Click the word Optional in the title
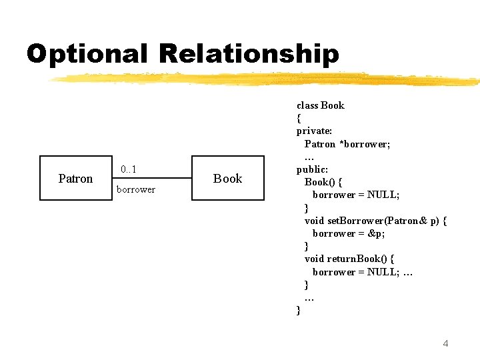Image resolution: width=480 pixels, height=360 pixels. pos(87,54)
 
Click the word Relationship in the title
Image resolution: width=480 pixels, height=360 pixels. pos(247,54)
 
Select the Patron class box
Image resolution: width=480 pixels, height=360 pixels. pos(75,178)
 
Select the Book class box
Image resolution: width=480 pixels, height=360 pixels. pos(227,178)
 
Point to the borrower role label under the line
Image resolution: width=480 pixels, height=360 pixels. pos(136,189)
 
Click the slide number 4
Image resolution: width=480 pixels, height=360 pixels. pos(445,343)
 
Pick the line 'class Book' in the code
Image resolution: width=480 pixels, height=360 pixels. pos(321,105)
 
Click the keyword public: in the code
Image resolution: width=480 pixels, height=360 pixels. pos(312,169)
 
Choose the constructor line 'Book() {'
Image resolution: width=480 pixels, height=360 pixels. pos(323,182)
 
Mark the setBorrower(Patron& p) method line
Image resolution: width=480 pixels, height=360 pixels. pos(375,221)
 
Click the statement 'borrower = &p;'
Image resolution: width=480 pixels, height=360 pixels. pos(349,233)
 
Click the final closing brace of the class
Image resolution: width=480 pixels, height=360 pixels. pos(299,311)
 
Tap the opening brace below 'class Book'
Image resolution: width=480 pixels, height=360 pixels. pos(299,119)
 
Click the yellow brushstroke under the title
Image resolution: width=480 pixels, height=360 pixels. pos(267,79)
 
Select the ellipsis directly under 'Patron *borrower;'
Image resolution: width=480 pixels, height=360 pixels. pos(309,157)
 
